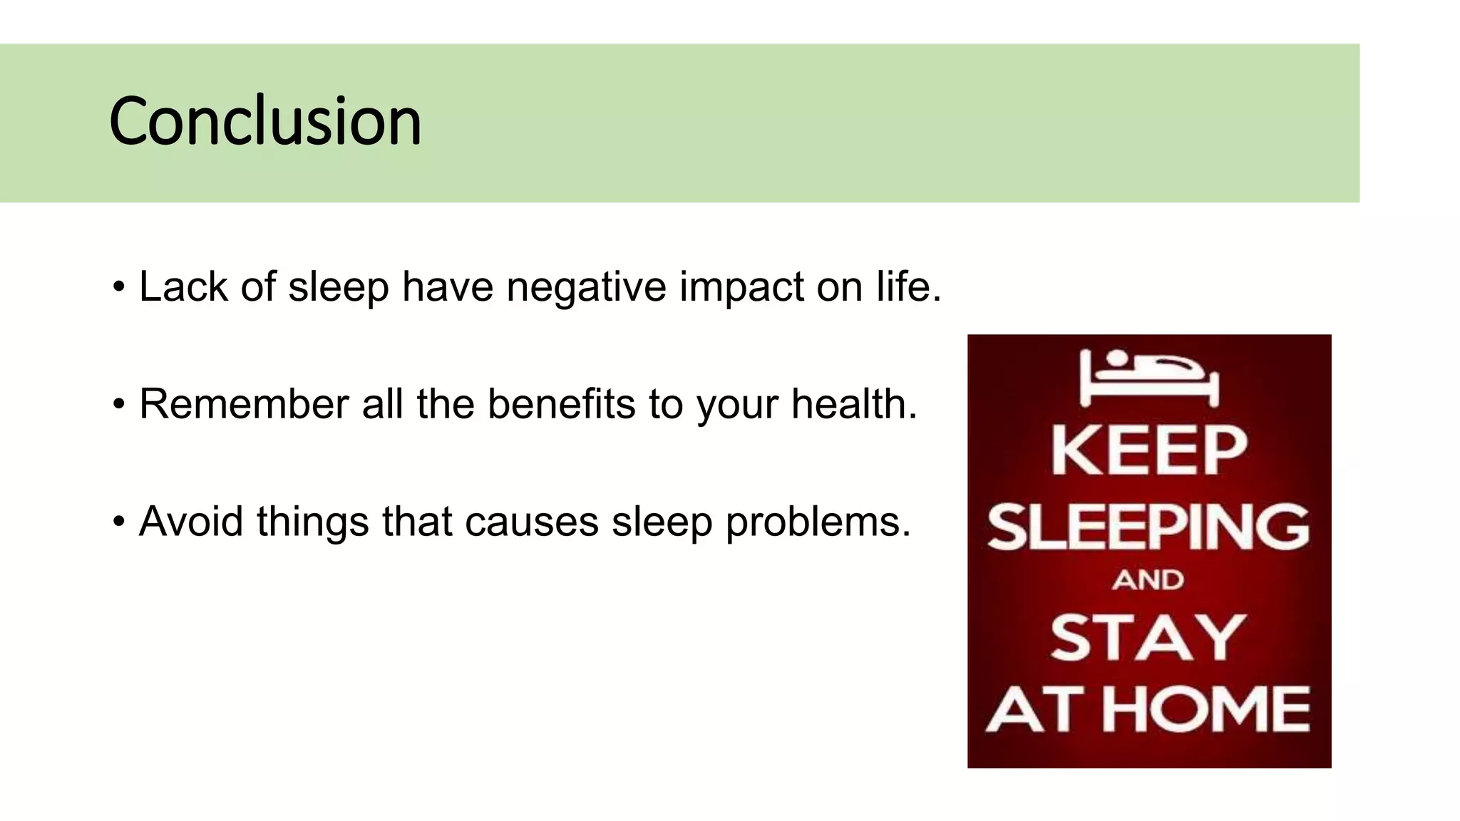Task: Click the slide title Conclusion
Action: coord(265,122)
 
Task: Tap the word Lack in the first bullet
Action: coord(183,287)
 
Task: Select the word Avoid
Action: coord(191,522)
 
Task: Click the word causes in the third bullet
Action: coord(531,522)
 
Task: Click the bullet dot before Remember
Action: coord(118,405)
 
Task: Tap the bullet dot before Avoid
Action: coord(118,522)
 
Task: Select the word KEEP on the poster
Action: coord(1149,450)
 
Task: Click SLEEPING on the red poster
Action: coord(1148,527)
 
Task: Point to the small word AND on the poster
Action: coord(1148,580)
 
